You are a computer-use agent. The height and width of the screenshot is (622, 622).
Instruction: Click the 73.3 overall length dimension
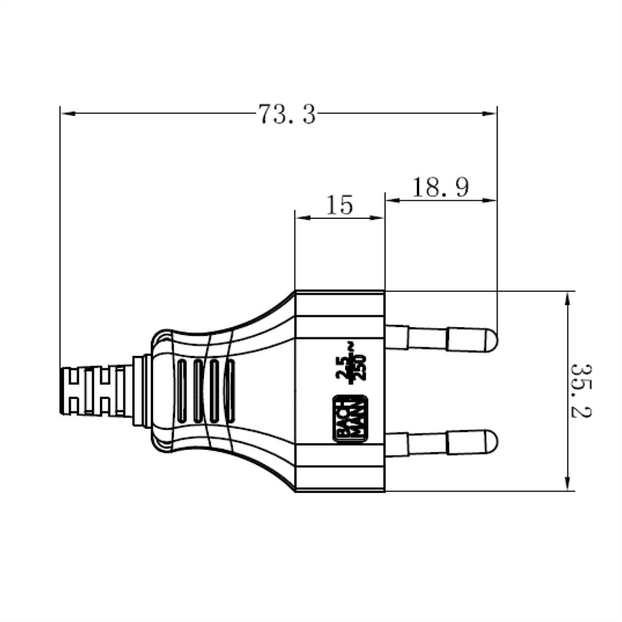(x=287, y=114)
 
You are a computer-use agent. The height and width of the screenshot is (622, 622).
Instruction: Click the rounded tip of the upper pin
(x=490, y=340)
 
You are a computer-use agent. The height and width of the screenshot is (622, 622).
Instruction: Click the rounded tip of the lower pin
(x=490, y=442)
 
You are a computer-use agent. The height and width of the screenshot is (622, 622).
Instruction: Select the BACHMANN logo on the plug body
(x=349, y=420)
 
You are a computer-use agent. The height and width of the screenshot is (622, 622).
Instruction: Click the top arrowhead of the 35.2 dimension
(x=569, y=299)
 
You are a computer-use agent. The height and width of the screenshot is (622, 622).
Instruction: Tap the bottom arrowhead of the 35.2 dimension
(x=569, y=484)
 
